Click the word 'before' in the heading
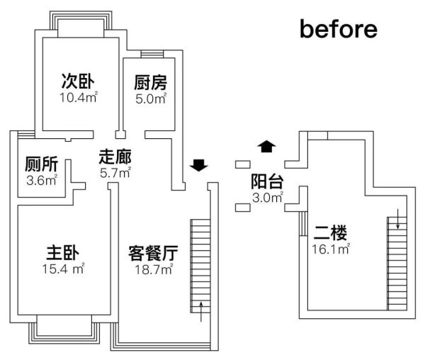(339, 29)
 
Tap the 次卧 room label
(78, 81)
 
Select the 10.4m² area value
(79, 97)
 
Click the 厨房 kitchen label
(150, 82)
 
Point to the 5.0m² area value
(151, 99)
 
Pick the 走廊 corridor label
(115, 157)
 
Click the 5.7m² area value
(115, 173)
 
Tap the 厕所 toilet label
(42, 164)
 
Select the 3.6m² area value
(42, 180)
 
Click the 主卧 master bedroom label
(62, 253)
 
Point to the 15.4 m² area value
(64, 269)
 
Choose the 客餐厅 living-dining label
(153, 253)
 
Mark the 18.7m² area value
(154, 269)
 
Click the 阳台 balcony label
(267, 181)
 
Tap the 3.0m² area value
(268, 198)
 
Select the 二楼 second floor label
(330, 232)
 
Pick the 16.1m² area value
(331, 249)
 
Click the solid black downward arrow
(198, 165)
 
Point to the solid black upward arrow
(267, 147)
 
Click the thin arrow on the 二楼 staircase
(397, 219)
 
